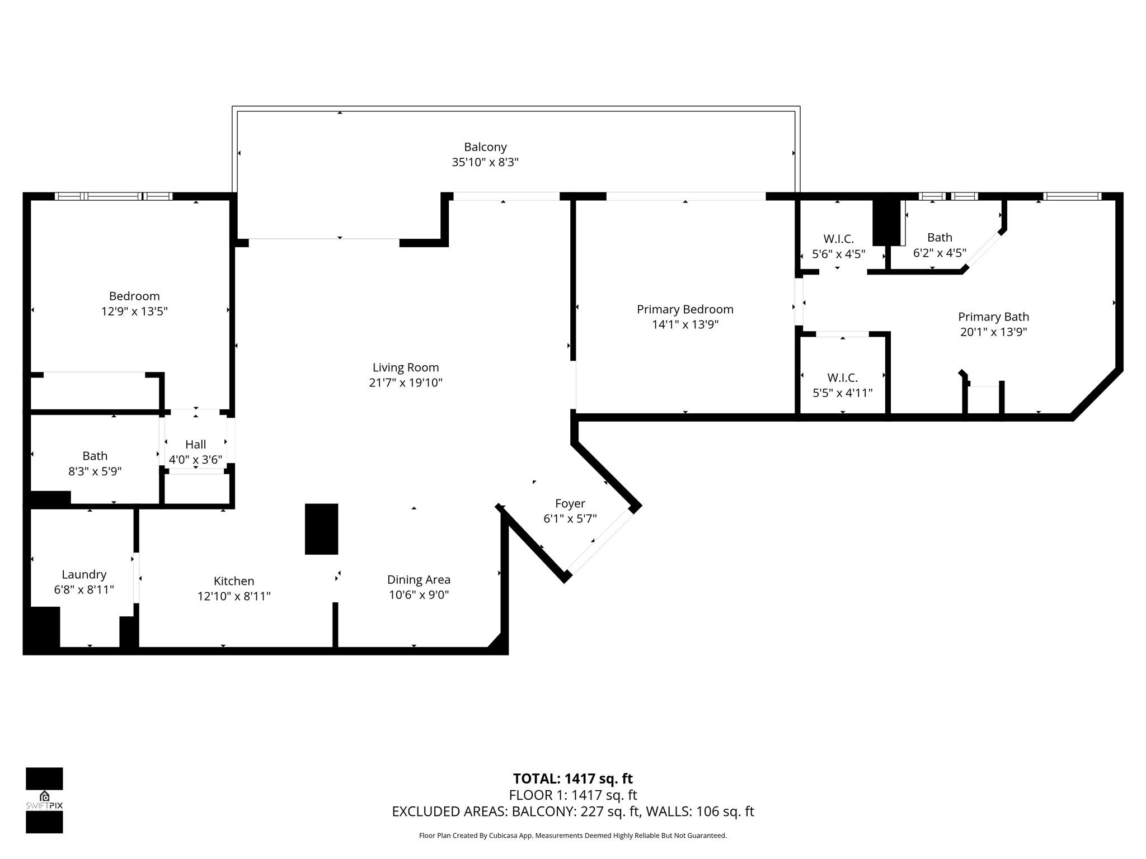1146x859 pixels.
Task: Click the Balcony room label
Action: [x=485, y=147]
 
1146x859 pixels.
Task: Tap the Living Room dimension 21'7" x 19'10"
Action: [x=406, y=383]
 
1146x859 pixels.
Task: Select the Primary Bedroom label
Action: [x=685, y=309]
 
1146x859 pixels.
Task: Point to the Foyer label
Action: [x=570, y=503]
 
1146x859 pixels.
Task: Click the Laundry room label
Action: [x=84, y=574]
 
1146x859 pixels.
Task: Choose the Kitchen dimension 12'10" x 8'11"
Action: [x=234, y=596]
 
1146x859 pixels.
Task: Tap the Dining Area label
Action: [x=419, y=580]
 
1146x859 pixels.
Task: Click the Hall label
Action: [x=195, y=445]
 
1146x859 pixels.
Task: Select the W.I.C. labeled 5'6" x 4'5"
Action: [x=838, y=239]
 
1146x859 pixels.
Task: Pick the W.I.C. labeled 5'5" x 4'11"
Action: [x=842, y=378]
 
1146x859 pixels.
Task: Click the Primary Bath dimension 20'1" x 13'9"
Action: [x=993, y=332]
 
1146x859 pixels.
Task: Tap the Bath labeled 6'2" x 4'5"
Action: [x=940, y=238]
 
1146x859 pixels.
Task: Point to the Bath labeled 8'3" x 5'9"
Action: [x=95, y=456]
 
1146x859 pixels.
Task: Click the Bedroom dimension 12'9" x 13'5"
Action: [x=134, y=311]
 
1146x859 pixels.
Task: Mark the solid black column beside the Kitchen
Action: [x=321, y=529]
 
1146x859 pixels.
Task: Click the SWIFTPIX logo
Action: [x=44, y=800]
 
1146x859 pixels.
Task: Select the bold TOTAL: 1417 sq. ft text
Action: [x=572, y=778]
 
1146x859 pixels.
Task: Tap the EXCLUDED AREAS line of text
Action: [x=572, y=811]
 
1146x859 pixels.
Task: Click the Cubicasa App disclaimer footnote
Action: [x=572, y=836]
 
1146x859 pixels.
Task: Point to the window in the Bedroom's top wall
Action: [x=114, y=196]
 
